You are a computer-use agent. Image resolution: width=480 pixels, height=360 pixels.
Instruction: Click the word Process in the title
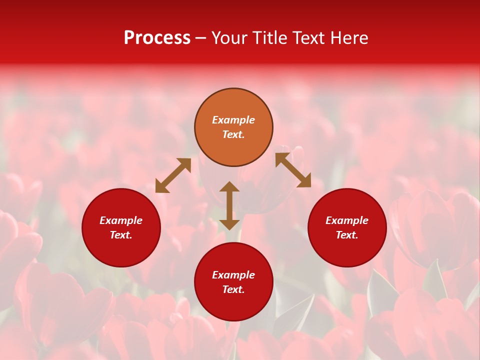(157, 38)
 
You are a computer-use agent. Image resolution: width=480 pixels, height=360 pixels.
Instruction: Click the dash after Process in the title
(201, 39)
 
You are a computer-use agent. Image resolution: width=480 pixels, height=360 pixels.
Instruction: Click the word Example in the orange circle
(233, 120)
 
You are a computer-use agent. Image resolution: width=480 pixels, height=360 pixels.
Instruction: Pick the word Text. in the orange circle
(233, 134)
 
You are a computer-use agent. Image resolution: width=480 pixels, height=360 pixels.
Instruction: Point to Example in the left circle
(121, 220)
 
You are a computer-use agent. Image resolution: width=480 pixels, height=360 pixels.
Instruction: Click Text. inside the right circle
(347, 235)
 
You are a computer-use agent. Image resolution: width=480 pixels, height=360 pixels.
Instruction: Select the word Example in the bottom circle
(233, 275)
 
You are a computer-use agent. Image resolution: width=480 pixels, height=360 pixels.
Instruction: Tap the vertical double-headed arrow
(229, 205)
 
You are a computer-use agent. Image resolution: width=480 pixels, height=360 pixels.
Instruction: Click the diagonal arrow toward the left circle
(173, 175)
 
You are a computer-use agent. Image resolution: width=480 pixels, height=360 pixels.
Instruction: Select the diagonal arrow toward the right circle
(293, 170)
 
